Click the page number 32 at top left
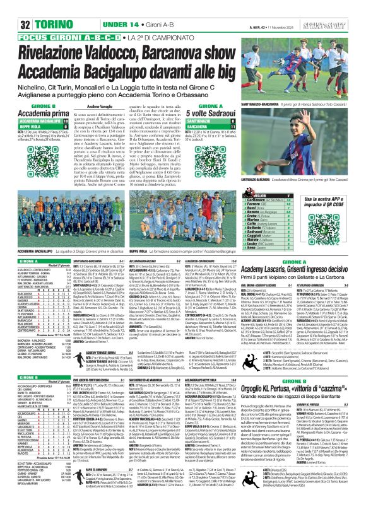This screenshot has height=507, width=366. pyautogui.click(x=11, y=24)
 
